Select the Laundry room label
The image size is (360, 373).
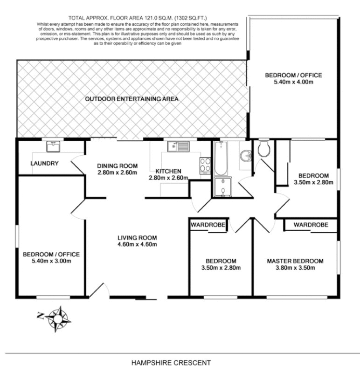point(44,164)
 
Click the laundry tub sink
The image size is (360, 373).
point(53,147)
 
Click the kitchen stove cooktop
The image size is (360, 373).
point(205,165)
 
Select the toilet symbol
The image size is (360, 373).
point(263,149)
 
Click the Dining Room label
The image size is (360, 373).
point(118,166)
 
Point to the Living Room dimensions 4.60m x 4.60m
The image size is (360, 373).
point(137,244)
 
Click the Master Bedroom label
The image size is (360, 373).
point(294,261)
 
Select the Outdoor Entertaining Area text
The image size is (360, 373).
point(132,99)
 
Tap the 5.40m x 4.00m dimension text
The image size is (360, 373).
point(293,83)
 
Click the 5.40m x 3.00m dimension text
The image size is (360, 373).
point(51,261)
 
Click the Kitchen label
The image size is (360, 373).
point(168,171)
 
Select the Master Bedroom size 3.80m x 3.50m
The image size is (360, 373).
point(294,268)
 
